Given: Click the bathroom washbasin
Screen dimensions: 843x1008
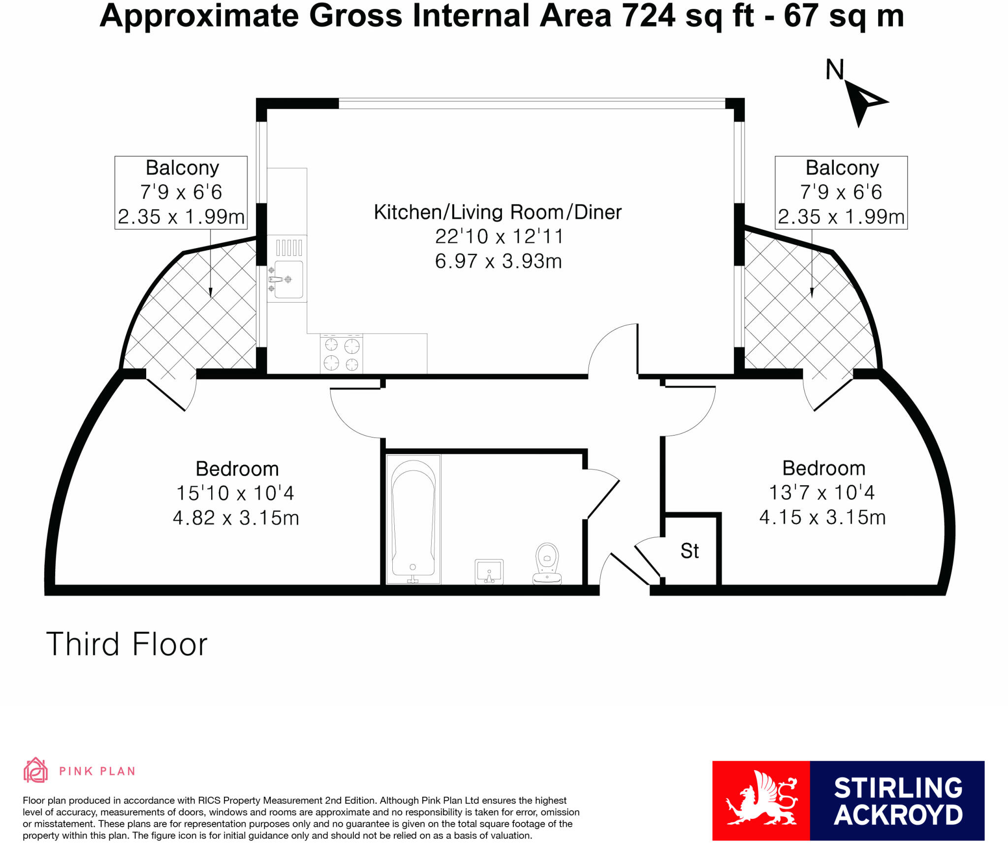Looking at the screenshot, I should point(489,571).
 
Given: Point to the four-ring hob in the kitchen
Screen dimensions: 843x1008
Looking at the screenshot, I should point(341,354).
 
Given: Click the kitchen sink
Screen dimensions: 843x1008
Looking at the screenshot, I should point(288,279).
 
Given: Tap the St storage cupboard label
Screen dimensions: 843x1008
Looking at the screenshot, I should point(689,551).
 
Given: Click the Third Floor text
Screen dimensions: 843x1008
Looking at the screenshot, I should point(126,645).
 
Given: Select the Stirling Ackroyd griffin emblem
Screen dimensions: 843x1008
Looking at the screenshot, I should point(761,800).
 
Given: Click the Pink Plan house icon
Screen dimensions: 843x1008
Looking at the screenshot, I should point(35,771).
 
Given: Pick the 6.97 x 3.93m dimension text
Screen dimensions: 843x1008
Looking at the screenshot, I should point(498,261).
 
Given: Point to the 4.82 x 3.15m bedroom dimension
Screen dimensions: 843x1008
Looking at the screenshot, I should point(236,518).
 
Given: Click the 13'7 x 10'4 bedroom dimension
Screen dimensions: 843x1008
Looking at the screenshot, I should point(821,493).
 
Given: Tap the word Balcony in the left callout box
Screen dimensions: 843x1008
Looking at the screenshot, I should point(182,168).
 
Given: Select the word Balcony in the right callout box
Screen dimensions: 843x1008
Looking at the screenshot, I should point(842,168).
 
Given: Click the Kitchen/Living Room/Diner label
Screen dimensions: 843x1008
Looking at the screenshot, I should point(498,212).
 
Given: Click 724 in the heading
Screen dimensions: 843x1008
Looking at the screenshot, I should point(648,16).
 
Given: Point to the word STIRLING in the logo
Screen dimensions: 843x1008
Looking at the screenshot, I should point(898,788).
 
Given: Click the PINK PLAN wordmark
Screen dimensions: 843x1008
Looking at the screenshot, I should point(97,771).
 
